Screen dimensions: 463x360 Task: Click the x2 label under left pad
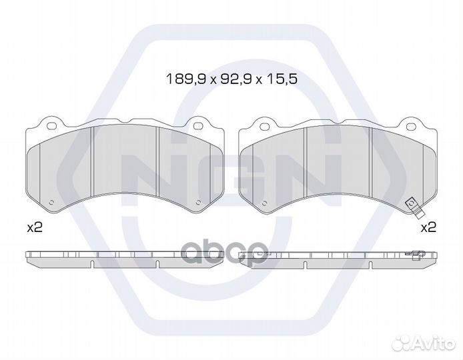click(x=35, y=227)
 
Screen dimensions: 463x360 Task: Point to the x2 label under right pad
click(x=428, y=227)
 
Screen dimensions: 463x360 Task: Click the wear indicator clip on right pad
click(x=413, y=208)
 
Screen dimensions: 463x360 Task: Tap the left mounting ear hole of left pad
click(x=51, y=125)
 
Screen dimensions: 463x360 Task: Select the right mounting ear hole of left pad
click(x=197, y=126)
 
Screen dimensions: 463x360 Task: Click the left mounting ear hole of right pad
click(x=264, y=126)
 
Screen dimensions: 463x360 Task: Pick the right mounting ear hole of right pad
click(x=410, y=126)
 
